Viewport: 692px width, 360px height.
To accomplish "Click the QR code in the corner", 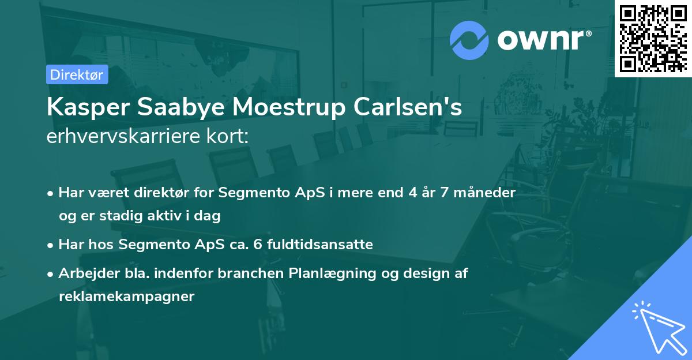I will (653, 38).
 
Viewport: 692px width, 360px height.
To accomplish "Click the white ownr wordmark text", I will (543, 39).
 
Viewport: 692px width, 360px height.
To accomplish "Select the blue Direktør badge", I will (77, 74).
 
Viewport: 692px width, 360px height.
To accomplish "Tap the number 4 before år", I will (412, 192).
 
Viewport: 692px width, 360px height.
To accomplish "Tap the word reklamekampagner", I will (127, 297).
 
